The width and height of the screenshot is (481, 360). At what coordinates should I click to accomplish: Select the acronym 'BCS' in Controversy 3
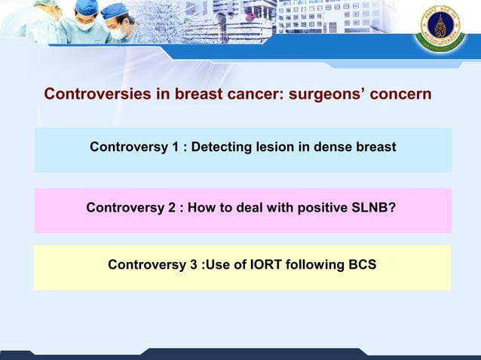point(361,265)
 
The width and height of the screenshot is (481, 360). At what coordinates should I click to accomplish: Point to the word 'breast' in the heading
point(198,95)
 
